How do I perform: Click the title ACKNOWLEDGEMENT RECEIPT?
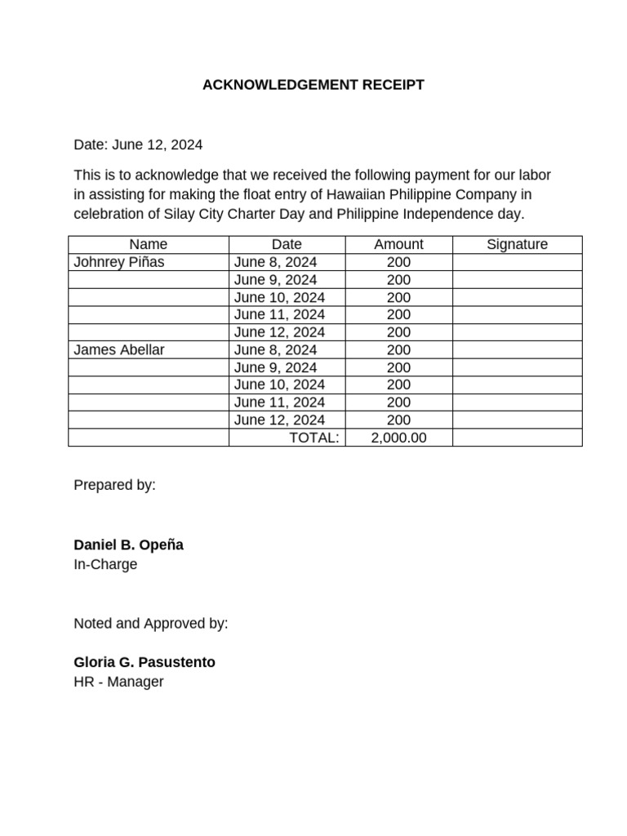[313, 85]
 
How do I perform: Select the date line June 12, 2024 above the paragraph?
[138, 145]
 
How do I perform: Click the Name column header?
[148, 244]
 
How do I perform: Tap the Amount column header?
[398, 244]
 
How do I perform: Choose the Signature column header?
[517, 244]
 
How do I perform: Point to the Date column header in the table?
[287, 244]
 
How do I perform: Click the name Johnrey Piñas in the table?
[118, 262]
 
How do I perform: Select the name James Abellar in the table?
[118, 349]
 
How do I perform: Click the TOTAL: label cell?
[314, 438]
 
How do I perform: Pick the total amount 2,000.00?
[398, 438]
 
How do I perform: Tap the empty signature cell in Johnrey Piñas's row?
[517, 262]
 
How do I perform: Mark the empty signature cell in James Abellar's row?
[517, 349]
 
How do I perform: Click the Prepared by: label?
[114, 485]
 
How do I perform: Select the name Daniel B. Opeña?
[128, 545]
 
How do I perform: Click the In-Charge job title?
[105, 564]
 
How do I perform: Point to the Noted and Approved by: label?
[151, 624]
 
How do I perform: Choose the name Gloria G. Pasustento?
[145, 662]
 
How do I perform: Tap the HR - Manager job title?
[118, 682]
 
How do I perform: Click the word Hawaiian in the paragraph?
[355, 194]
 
